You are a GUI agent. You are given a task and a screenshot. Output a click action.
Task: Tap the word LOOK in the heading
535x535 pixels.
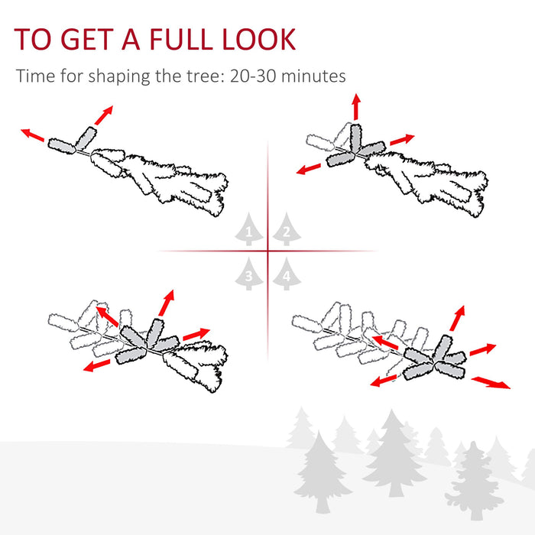258,39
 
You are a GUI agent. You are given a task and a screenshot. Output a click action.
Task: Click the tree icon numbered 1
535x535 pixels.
248,230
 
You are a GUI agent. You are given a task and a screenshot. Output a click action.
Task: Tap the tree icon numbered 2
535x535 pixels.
286,230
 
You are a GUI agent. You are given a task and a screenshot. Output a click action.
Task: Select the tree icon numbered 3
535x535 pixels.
248,274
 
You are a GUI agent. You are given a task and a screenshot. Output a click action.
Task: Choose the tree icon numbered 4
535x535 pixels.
286,274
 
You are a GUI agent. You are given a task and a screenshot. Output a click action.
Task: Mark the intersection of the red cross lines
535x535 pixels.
267,251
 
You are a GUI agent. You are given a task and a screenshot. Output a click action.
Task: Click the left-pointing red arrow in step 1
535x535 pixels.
33,135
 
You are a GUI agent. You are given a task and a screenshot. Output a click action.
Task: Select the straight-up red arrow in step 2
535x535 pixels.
356,106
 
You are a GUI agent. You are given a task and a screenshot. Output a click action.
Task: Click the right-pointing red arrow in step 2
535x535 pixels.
402,140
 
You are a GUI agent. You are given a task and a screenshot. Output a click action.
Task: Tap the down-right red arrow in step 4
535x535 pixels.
490,381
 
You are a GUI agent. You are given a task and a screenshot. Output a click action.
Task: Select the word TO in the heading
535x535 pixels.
33,39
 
